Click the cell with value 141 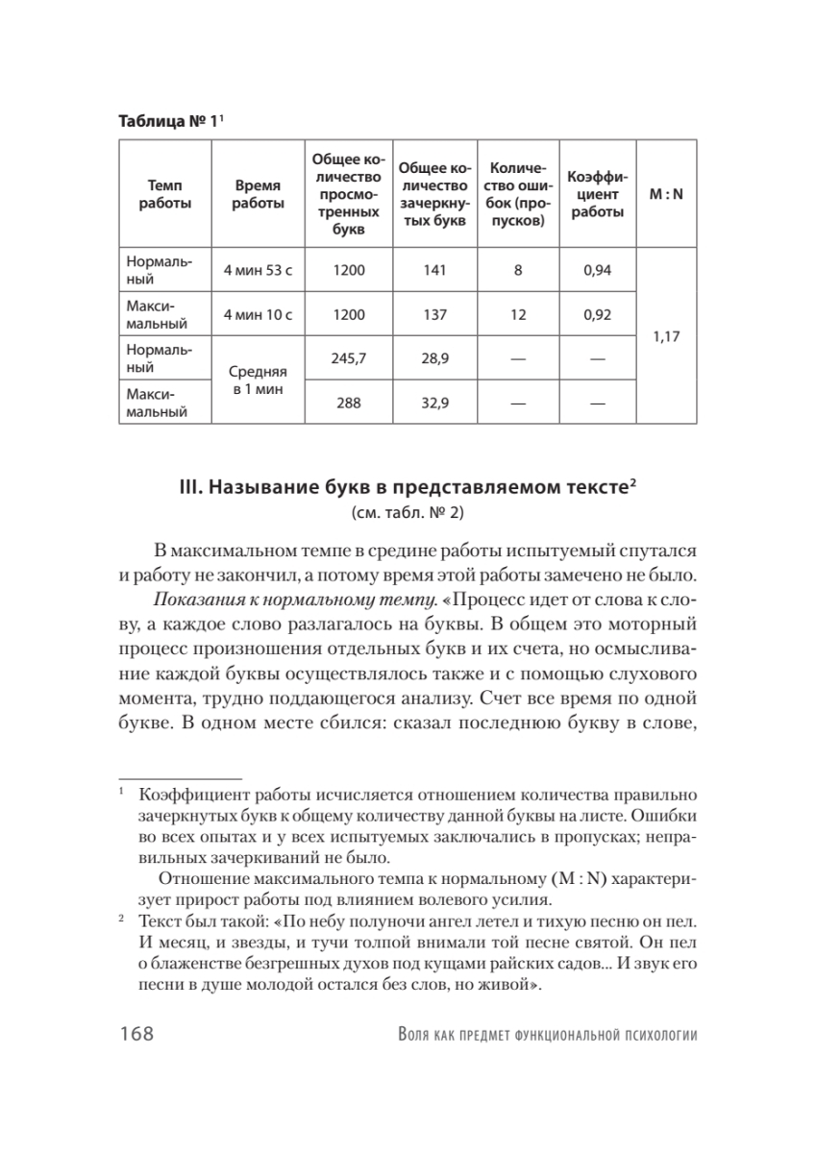434,270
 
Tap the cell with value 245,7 348,358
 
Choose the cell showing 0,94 597,270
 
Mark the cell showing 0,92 597,314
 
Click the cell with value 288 348,403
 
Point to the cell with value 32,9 434,403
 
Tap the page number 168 137,1035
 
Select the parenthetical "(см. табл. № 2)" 408,512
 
